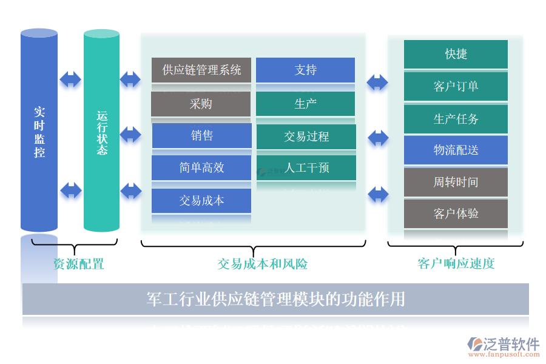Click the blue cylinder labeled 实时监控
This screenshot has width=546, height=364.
point(39,130)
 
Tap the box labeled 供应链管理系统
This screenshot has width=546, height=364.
point(201,70)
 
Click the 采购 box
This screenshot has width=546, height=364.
point(201,104)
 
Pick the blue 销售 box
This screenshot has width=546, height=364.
point(201,136)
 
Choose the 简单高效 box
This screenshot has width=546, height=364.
point(201,168)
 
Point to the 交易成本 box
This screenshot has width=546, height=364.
point(201,200)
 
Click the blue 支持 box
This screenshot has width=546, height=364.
point(305,70)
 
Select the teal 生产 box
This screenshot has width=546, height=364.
point(305,104)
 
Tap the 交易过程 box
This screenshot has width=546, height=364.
point(306,136)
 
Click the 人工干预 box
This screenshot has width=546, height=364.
point(306,168)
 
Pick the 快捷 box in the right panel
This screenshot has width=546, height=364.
point(456,54)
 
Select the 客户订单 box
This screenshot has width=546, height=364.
point(456,86)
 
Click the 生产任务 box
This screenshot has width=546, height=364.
point(456,119)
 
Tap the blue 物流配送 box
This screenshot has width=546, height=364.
point(456,150)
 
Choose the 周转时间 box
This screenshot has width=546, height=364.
point(456,182)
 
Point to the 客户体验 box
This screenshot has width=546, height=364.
point(456,214)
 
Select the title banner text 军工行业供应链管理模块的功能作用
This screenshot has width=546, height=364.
point(275,299)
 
